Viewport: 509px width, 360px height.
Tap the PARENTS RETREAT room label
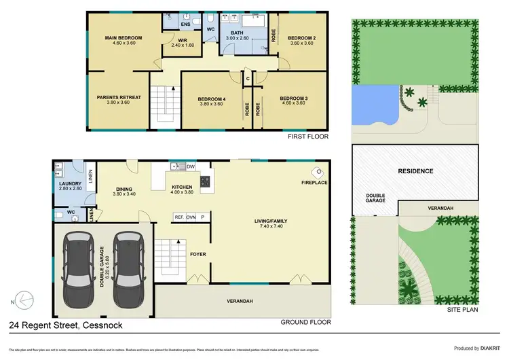(119, 97)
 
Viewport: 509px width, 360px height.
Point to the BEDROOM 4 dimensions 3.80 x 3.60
(212, 105)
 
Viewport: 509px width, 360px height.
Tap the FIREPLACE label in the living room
(314, 183)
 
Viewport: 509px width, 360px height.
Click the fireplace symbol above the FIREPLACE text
(316, 172)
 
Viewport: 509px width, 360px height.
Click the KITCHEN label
(182, 187)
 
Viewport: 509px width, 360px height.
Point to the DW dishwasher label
(190, 166)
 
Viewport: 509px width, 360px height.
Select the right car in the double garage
(126, 268)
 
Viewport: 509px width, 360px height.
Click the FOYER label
(197, 254)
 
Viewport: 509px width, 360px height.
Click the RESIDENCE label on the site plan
(415, 171)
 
